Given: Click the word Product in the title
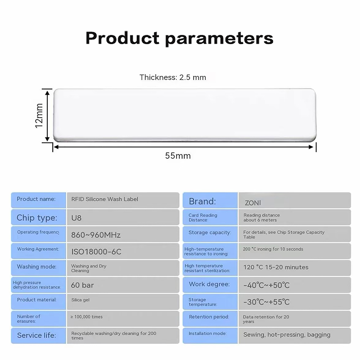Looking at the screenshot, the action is [x=122, y=38].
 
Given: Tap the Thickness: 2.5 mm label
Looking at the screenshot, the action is [x=173, y=77].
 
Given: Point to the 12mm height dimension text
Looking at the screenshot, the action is [x=39, y=116].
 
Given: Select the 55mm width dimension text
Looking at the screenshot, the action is [x=178, y=156].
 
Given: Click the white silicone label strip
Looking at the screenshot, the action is [x=185, y=115].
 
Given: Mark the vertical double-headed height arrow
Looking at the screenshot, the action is [x=47, y=116].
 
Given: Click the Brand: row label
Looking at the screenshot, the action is [x=202, y=201].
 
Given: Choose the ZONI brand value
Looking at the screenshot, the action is [x=253, y=203].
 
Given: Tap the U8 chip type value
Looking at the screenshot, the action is [x=76, y=218].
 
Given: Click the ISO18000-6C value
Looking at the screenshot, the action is [x=96, y=252].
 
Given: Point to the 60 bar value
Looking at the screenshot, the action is [x=82, y=285].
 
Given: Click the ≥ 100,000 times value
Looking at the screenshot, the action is [x=86, y=317].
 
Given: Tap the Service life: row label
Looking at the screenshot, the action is [x=36, y=336].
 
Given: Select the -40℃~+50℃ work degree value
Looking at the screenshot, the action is [x=266, y=285].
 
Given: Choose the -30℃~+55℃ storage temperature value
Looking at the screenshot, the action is [x=266, y=302].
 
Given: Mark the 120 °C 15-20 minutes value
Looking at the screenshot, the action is [x=276, y=267].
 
